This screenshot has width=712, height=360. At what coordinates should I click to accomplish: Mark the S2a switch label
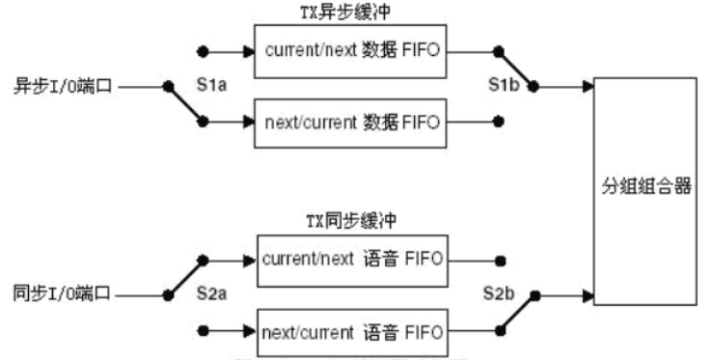(211, 293)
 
